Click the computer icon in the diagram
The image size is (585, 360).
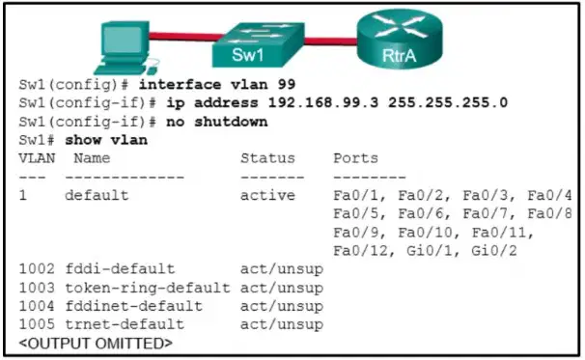(125, 47)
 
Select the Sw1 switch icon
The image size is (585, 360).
(258, 44)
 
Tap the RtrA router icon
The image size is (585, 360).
(400, 39)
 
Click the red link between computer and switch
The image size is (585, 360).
(185, 38)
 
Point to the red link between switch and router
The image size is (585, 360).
(330, 42)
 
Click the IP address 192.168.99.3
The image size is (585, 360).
(323, 102)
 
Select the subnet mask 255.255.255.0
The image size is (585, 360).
(448, 102)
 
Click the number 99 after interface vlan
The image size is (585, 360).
(287, 84)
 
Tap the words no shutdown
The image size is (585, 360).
(217, 122)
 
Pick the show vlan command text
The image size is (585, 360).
(106, 140)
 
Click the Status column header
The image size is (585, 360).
(267, 158)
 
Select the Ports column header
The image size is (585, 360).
(355, 158)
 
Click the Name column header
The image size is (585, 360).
(92, 158)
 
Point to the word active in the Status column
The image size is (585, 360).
(267, 195)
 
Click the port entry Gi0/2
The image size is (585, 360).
(494, 250)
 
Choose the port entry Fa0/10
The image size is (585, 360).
(426, 233)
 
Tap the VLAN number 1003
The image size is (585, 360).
(37, 288)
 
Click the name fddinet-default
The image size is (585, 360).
(133, 306)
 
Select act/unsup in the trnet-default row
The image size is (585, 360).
(282, 324)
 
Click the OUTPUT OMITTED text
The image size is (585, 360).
(96, 344)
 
